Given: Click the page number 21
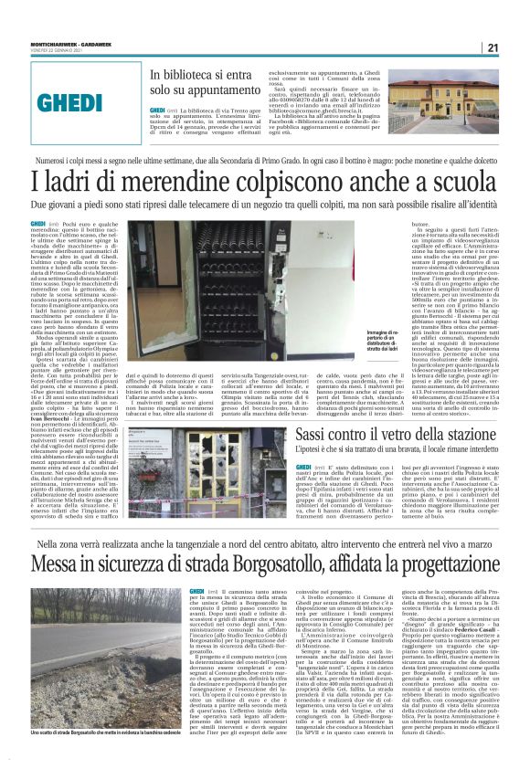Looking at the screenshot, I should coord(517,47).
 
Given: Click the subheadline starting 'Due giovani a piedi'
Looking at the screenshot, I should coord(265,206).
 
